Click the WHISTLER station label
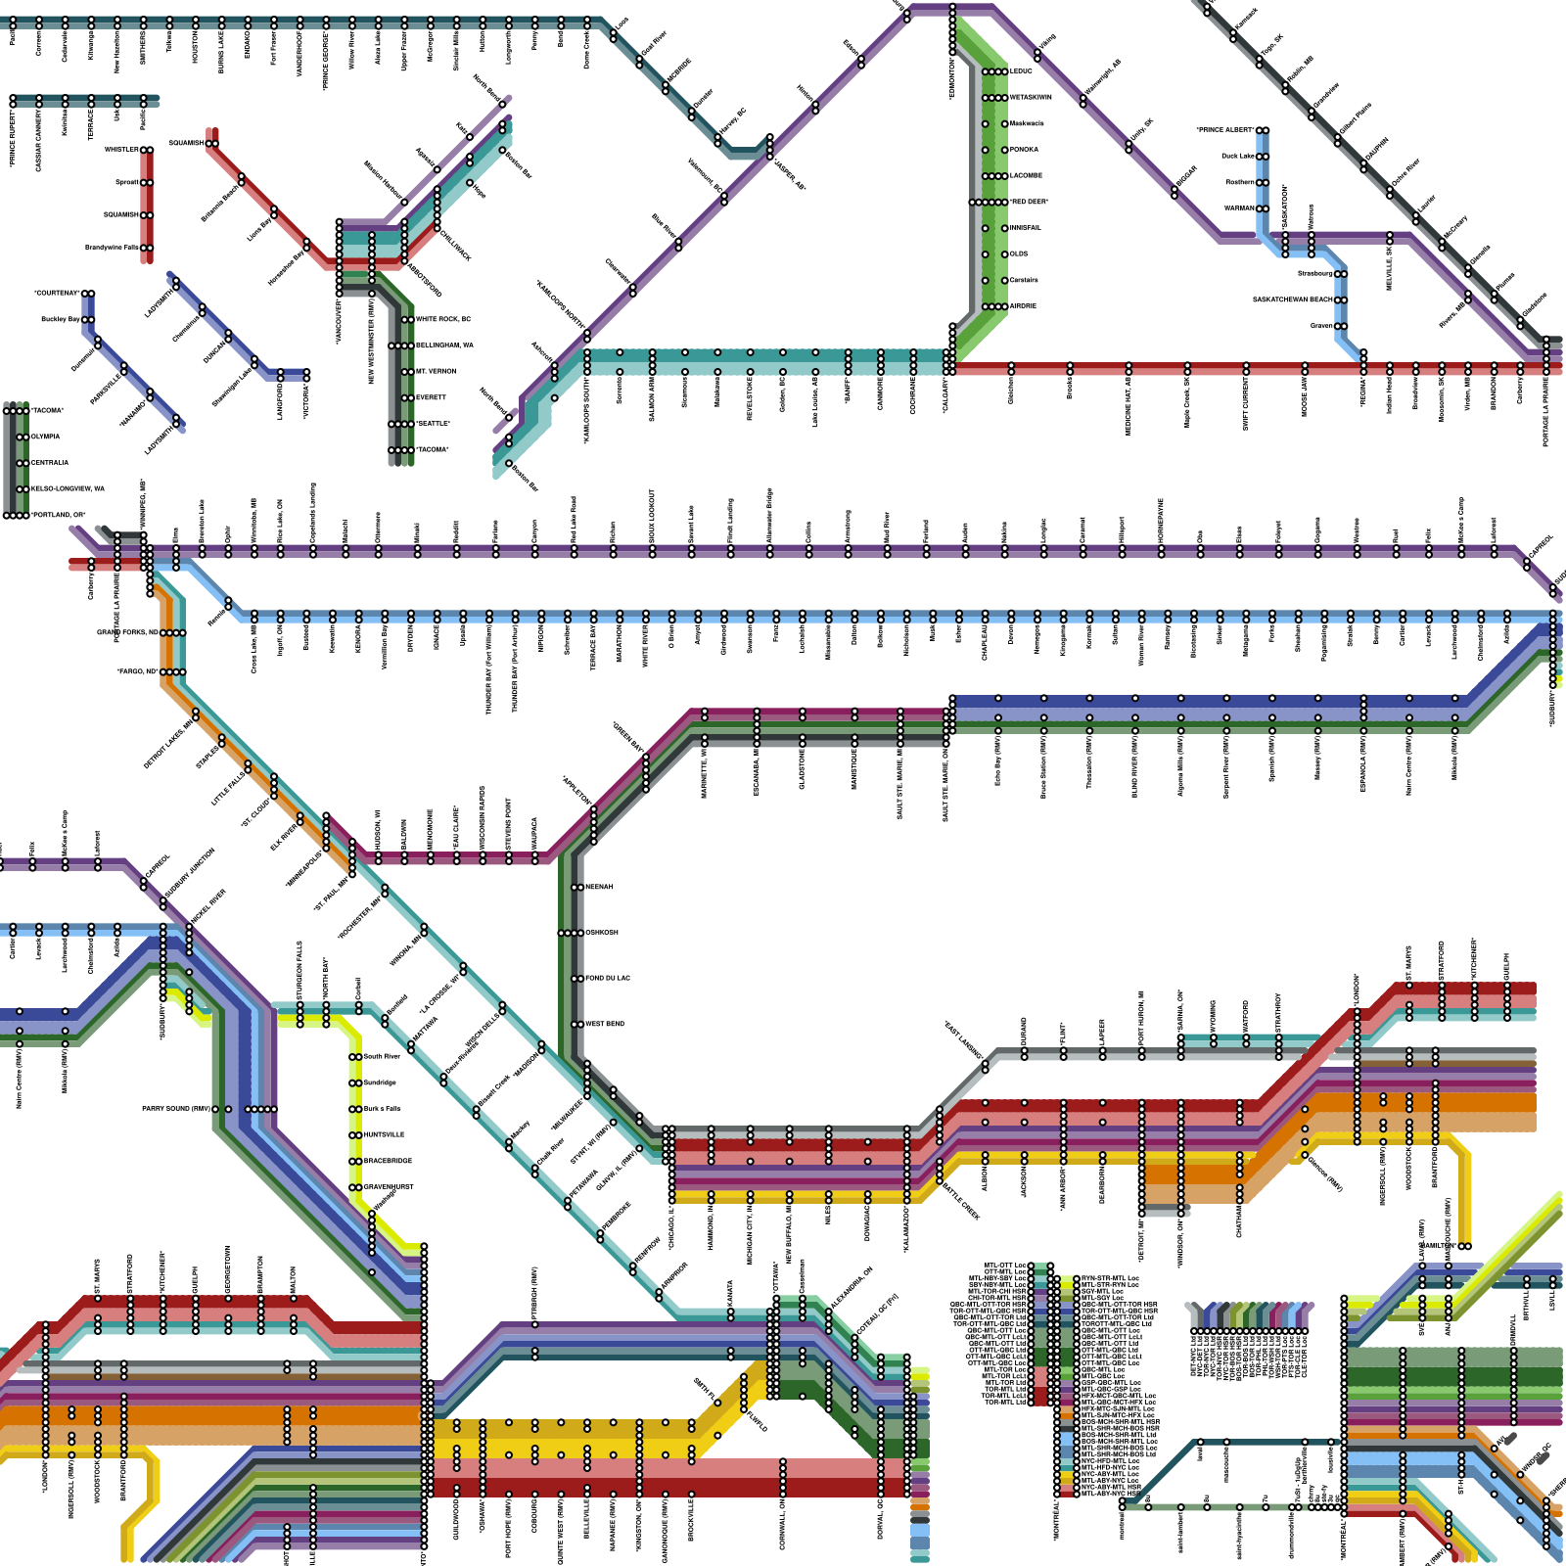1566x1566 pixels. click(121, 150)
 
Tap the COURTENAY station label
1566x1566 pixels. click(57, 293)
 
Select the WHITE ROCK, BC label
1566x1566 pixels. click(443, 319)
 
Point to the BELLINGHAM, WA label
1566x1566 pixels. click(444, 345)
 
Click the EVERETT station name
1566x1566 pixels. click(431, 397)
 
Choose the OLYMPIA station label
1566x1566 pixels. click(45, 437)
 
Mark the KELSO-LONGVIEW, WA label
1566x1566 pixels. click(68, 488)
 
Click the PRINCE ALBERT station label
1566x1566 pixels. click(1225, 130)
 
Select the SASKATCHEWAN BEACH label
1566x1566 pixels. click(1293, 299)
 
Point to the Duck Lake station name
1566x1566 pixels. click(1238, 156)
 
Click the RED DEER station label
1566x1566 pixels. click(1029, 202)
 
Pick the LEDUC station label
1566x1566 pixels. click(1021, 71)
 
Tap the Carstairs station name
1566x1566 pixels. click(1024, 280)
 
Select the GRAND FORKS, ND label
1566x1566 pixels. click(127, 632)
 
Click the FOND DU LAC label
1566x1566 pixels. click(607, 978)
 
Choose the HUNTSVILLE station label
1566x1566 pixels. click(384, 1134)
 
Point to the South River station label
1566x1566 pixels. click(382, 1056)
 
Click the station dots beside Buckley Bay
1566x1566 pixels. click(89, 319)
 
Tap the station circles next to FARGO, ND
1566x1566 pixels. click(173, 671)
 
